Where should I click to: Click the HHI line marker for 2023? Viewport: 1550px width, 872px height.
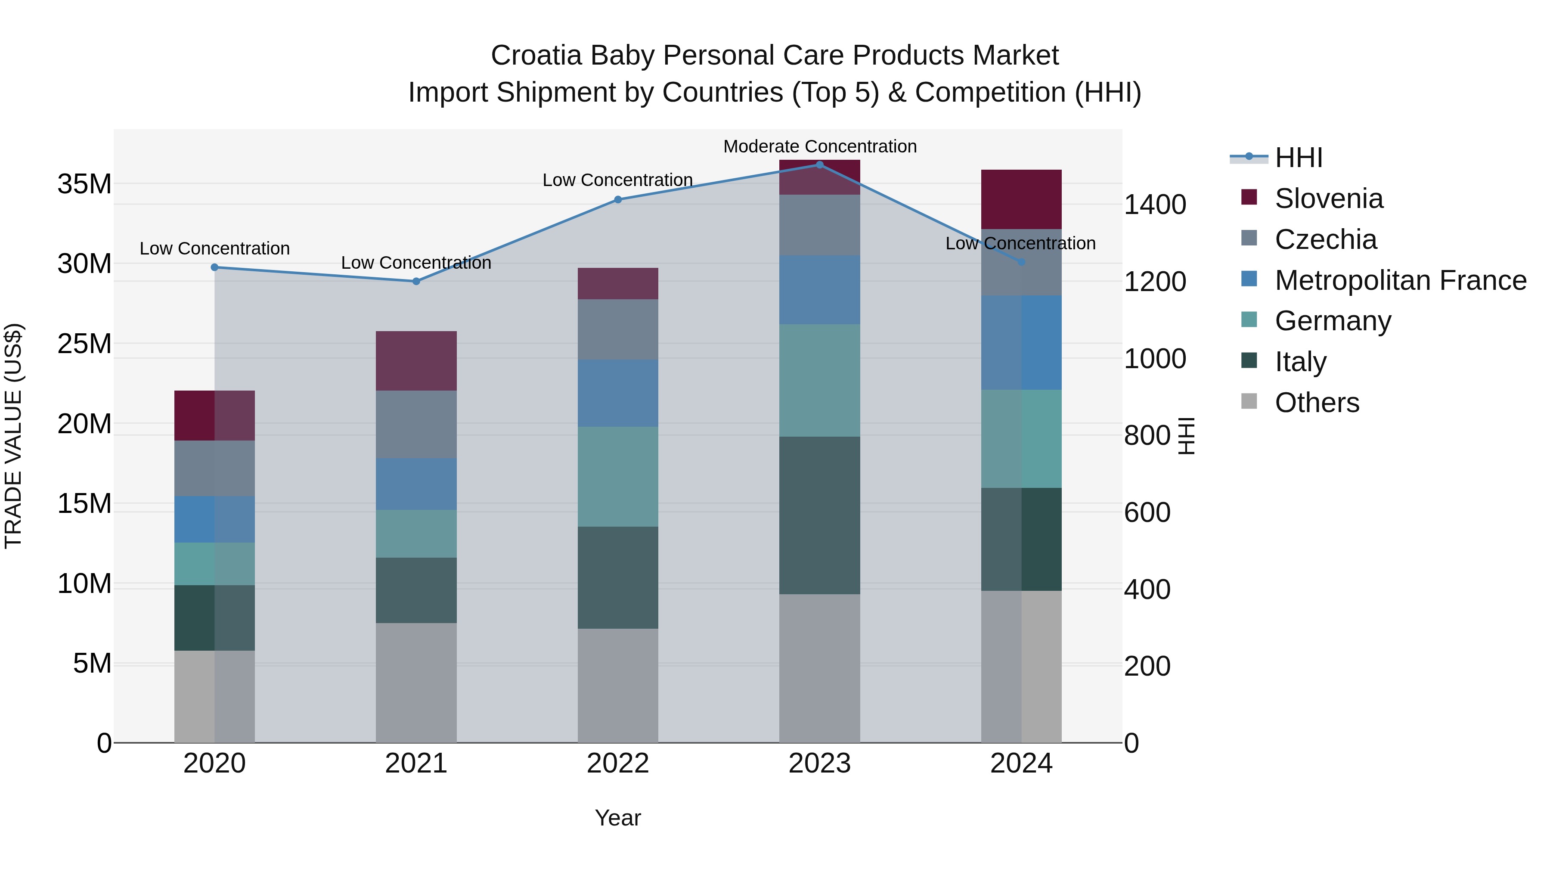819,164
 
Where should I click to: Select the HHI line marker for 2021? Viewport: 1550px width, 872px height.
416,281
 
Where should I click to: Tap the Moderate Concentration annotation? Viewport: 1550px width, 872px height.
819,146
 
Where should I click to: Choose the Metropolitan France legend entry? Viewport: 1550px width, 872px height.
1400,280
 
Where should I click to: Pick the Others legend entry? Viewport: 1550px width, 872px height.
1317,403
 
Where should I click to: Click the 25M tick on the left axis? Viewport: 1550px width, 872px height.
84,344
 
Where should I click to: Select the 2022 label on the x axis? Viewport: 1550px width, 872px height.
617,763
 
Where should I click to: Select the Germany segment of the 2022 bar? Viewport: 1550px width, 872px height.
617,477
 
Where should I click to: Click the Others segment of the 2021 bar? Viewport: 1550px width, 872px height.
416,683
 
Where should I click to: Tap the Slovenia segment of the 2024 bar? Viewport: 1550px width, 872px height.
1021,199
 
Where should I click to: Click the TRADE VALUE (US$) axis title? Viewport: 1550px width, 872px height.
13,436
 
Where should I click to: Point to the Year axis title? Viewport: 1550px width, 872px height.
617,818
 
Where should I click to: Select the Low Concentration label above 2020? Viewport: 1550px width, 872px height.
214,248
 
